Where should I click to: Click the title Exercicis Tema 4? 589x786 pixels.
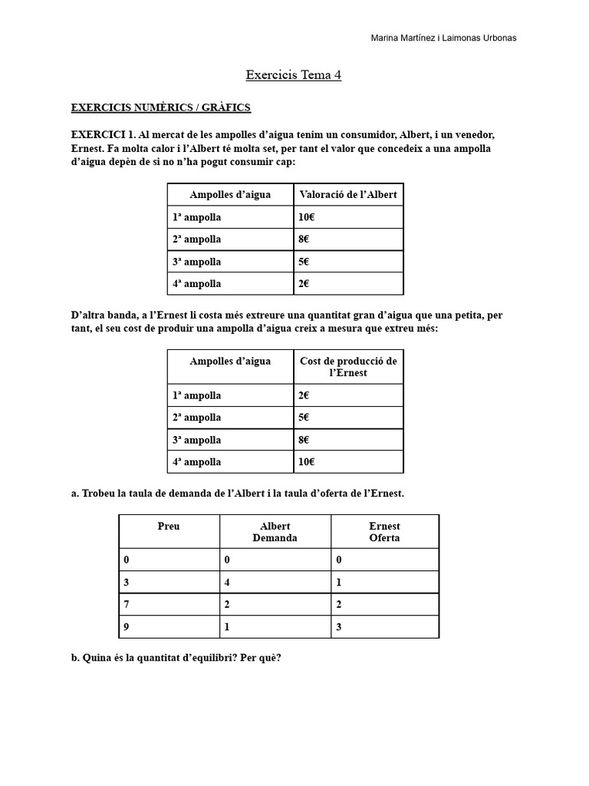(294, 75)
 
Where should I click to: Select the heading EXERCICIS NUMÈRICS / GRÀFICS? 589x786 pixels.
(160, 107)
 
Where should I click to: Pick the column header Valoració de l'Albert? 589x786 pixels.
(347, 195)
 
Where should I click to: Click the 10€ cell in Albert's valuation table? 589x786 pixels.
(307, 217)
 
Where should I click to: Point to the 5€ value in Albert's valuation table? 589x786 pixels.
(304, 262)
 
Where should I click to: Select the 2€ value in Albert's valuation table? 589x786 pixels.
(304, 284)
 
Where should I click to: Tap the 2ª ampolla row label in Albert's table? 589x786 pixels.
(197, 239)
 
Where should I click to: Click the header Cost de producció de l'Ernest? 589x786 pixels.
(348, 367)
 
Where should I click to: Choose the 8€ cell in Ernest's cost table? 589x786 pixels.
(304, 440)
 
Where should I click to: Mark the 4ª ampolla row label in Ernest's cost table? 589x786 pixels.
(197, 462)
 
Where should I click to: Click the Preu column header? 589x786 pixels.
(169, 527)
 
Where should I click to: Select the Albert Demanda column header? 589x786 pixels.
(275, 532)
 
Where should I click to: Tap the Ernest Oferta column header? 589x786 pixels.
(384, 532)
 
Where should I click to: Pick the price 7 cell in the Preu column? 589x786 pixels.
(127, 605)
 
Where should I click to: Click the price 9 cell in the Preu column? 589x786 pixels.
(127, 627)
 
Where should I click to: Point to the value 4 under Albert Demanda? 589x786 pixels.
(228, 583)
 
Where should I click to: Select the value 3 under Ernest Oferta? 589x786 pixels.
(339, 627)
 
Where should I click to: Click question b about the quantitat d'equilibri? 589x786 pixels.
(176, 658)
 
